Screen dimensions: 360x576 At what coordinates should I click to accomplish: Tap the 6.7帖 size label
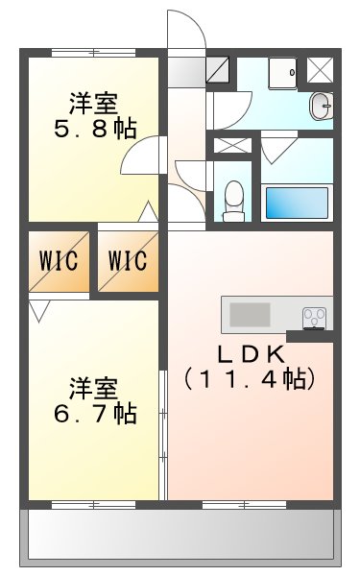click(94, 414)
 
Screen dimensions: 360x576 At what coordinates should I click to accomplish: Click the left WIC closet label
click(59, 260)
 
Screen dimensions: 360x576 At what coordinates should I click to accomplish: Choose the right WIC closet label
click(128, 260)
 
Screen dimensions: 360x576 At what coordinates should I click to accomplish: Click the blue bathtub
click(297, 203)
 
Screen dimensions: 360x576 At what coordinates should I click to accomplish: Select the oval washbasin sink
click(320, 105)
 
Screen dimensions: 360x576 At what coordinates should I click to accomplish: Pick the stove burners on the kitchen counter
click(314, 315)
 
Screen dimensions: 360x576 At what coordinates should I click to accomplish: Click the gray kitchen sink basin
click(252, 314)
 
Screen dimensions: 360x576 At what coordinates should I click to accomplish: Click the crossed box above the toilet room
click(230, 146)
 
